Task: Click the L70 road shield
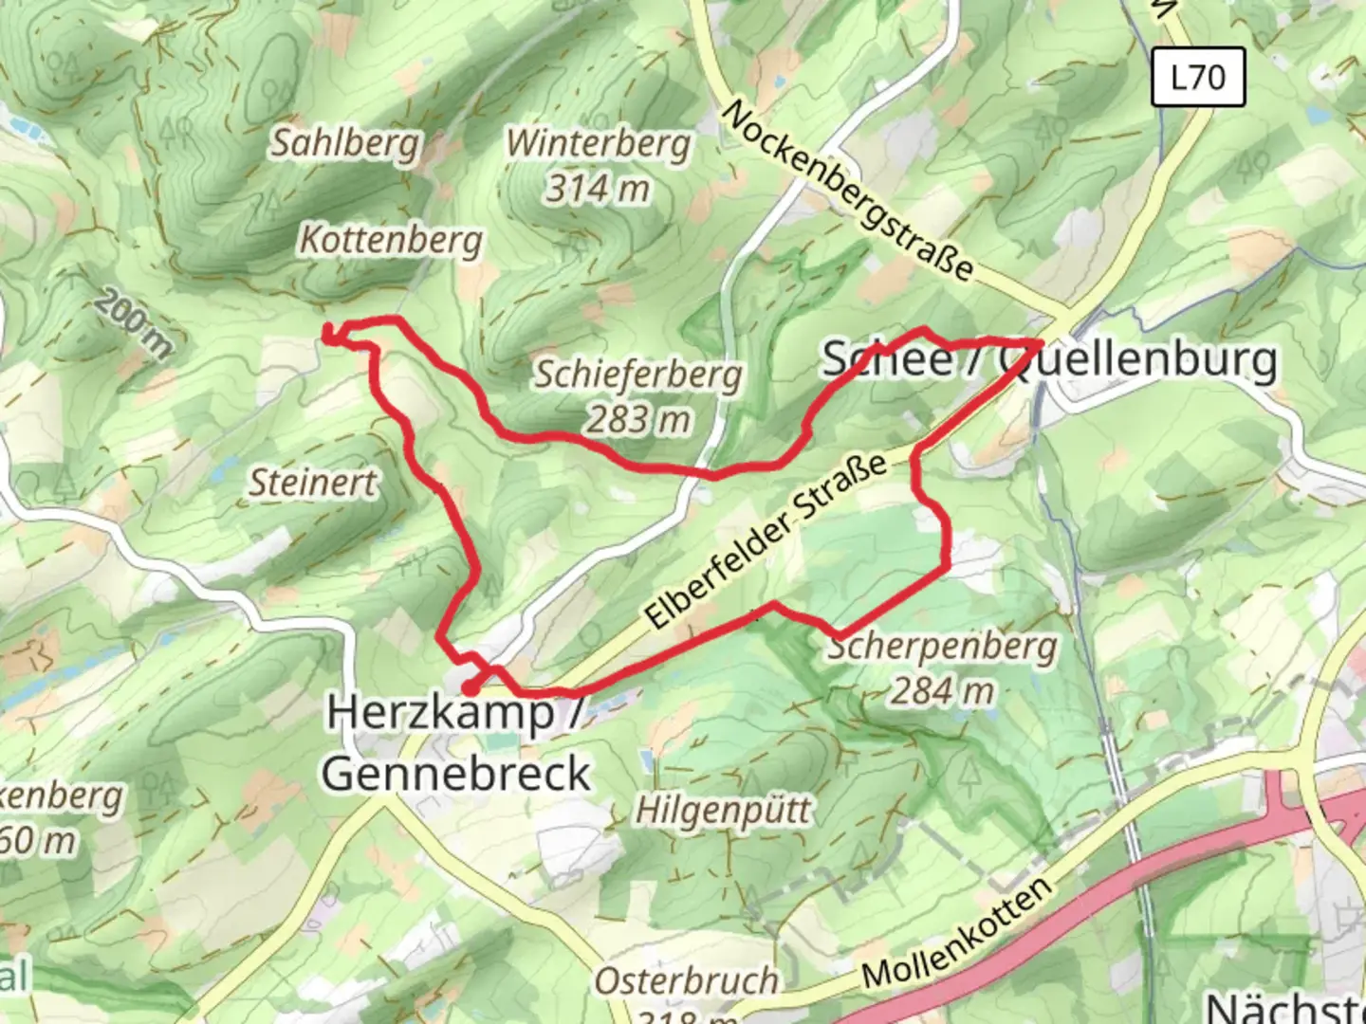(x=1198, y=77)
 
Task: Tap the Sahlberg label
(x=345, y=144)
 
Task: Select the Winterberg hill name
(x=599, y=144)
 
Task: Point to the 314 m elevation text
(x=598, y=188)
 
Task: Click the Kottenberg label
(x=392, y=240)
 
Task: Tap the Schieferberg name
(x=637, y=375)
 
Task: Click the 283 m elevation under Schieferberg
(x=638, y=419)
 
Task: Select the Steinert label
(x=313, y=484)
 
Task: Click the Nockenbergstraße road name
(x=847, y=191)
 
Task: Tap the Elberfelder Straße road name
(x=766, y=540)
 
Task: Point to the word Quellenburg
(x=1138, y=360)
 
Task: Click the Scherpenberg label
(x=942, y=648)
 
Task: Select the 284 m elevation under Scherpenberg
(x=942, y=691)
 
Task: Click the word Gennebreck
(x=456, y=774)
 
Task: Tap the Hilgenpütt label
(x=723, y=812)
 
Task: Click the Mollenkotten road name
(x=958, y=934)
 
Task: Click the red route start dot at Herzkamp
(x=470, y=687)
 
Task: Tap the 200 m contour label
(x=134, y=325)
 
